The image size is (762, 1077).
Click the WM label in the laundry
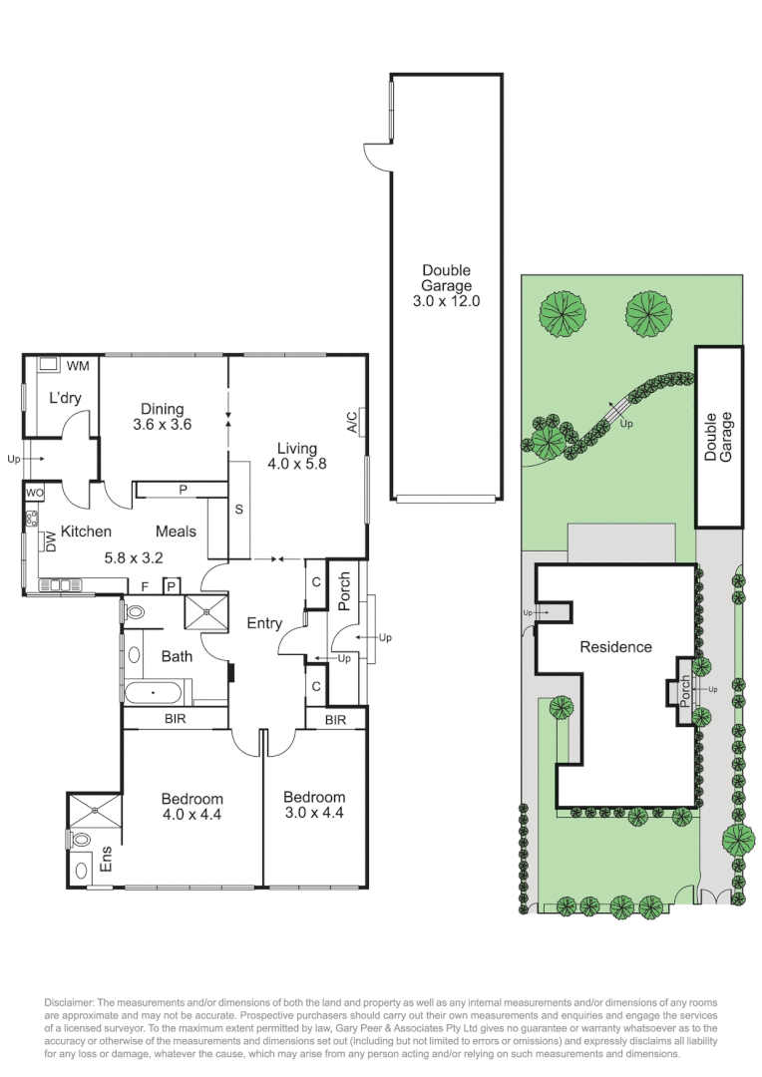click(79, 366)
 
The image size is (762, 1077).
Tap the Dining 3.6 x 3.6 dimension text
click(162, 424)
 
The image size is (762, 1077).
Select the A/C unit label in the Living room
click(352, 422)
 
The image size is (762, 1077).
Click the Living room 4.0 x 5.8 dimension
click(296, 463)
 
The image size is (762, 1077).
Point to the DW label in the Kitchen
click(49, 541)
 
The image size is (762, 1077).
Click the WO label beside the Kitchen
click(35, 493)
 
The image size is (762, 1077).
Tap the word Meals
click(176, 532)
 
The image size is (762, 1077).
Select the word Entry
click(264, 623)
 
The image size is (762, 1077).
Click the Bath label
click(177, 656)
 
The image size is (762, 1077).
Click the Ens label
click(106, 860)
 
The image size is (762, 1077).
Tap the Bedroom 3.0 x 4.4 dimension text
click(314, 813)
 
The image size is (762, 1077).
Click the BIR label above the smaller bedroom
click(335, 719)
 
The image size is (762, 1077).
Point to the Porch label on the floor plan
click(345, 592)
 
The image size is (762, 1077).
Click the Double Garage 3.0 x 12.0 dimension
click(446, 300)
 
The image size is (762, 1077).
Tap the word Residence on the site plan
click(615, 647)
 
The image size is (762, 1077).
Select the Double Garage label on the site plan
click(718, 436)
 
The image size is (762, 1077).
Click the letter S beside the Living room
click(239, 509)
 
